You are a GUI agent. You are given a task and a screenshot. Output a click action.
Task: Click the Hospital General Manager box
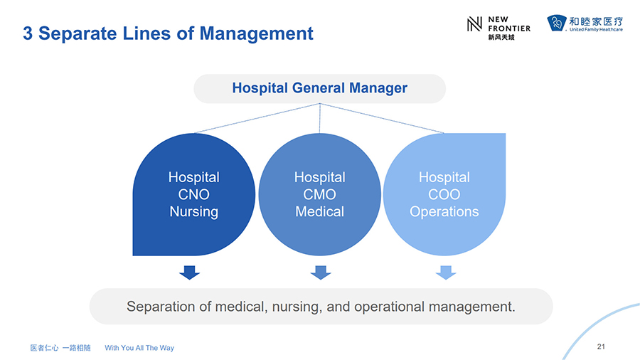tap(319, 88)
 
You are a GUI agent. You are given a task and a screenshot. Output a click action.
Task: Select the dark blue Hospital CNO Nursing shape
tap(194, 194)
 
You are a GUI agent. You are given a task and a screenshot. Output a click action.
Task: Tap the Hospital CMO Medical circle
tap(319, 194)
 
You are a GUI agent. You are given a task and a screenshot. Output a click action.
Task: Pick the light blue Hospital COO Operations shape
tap(444, 194)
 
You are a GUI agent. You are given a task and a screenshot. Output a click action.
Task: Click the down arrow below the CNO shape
tap(189, 272)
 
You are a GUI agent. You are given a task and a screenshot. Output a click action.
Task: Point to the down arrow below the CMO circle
tap(321, 272)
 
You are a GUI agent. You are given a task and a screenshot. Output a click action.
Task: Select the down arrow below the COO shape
tap(446, 272)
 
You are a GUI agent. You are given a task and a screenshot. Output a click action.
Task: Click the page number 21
tap(601, 346)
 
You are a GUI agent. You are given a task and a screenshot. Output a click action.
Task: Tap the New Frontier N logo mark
tap(474, 24)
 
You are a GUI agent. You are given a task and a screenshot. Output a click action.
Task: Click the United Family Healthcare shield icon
tap(557, 23)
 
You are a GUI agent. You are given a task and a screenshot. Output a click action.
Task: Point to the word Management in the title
tap(256, 33)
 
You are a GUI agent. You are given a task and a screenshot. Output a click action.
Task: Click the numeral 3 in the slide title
tap(28, 33)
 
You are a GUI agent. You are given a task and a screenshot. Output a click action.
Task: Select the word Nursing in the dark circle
tap(194, 212)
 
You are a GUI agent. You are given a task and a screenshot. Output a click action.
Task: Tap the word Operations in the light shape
tap(444, 212)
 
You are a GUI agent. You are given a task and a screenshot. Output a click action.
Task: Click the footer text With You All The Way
tap(139, 348)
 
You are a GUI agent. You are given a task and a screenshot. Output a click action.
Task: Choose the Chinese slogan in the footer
tap(60, 348)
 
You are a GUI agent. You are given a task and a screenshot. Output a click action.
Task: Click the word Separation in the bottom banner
tap(161, 307)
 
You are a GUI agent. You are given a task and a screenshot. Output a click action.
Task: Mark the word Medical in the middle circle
tap(319, 212)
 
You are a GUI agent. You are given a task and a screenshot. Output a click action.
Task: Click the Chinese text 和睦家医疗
tap(596, 21)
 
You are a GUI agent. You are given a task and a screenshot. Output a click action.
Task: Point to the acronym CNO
tap(194, 195)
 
